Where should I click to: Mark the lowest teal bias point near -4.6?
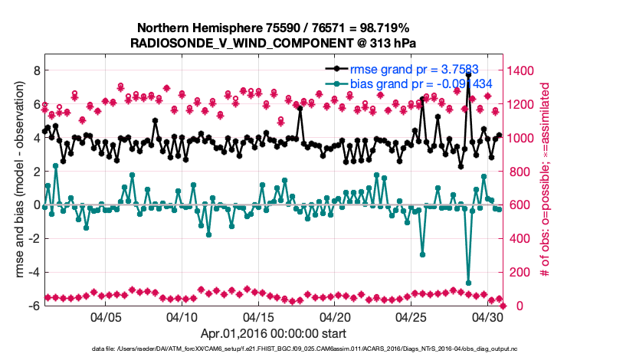(468, 283)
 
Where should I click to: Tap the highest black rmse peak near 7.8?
(468, 74)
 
